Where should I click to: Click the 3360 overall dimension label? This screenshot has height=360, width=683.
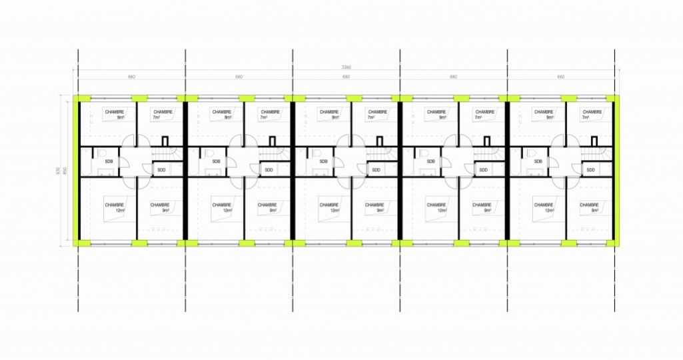coord(346,67)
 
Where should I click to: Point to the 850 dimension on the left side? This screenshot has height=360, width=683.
coord(65,171)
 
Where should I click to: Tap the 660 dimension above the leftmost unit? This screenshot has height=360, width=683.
coord(132,77)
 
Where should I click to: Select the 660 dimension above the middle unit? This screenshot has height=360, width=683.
coord(346,77)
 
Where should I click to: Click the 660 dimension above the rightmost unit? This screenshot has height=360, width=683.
coord(560,77)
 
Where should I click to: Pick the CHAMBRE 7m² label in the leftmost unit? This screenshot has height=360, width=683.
coord(163,115)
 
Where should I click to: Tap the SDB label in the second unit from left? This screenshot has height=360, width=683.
coord(217,161)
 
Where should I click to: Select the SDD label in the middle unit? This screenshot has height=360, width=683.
coord(376,170)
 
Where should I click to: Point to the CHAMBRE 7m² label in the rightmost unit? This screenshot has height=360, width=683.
coord(592,115)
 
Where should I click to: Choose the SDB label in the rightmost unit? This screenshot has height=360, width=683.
coord(538,161)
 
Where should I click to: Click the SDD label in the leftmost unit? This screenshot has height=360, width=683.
coord(161,170)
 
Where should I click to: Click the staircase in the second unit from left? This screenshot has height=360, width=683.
coord(274,155)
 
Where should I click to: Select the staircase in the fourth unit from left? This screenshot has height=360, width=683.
coord(488,155)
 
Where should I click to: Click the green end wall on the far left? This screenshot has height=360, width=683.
coord(77,171)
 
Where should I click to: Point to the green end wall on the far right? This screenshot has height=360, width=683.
coord(617,171)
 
